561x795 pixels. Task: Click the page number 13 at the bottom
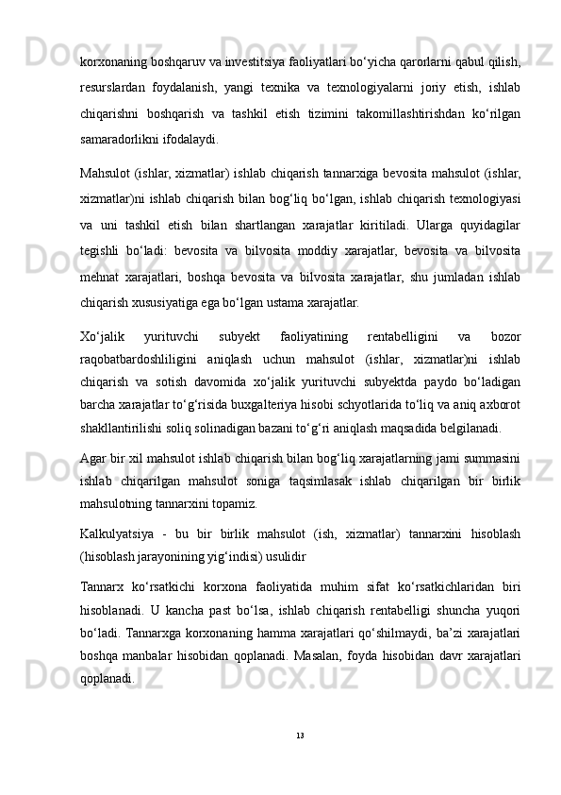(x=299, y=734)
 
